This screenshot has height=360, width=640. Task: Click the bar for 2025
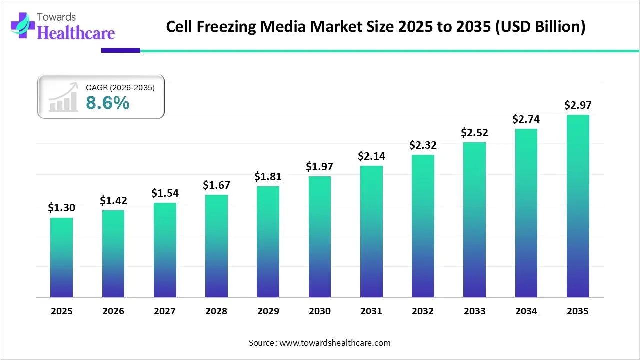pos(61,257)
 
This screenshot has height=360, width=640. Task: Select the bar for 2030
pos(320,237)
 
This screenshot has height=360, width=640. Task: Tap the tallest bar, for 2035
pos(578,206)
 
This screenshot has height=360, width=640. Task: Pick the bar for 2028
pos(216,246)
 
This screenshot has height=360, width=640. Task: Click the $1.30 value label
pos(61,208)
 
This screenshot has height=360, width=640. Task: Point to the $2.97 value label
pos(578,105)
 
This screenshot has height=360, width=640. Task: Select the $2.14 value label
pos(371,156)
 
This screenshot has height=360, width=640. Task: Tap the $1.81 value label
pos(268,176)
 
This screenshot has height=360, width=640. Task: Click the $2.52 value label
pos(474,132)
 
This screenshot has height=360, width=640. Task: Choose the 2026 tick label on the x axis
pos(113,311)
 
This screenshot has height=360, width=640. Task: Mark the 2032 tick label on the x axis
pos(423,311)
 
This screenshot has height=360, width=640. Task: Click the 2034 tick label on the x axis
pos(526,311)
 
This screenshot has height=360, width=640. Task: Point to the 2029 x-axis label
pos(268,311)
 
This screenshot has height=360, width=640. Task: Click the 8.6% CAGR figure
pos(107,103)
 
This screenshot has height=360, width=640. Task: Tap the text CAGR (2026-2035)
pos(120,88)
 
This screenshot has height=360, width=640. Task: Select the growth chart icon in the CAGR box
pos(63,97)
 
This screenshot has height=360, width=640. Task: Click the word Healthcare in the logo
pos(76,33)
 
